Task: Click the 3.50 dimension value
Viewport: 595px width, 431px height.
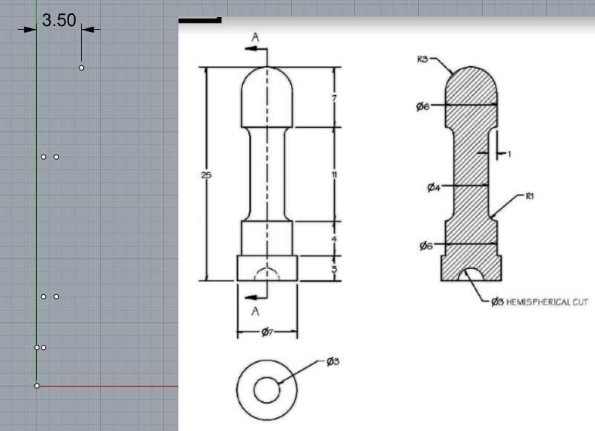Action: click(x=59, y=20)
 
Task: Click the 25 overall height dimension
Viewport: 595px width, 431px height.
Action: click(x=206, y=175)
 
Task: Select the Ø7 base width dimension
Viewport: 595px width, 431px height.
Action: click(x=267, y=331)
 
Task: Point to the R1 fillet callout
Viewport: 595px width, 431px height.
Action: click(x=530, y=197)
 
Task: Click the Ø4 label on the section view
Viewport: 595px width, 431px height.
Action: click(x=434, y=187)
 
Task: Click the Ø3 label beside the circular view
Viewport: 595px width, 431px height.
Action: click(x=333, y=361)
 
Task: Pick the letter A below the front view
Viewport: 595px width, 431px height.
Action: click(x=255, y=310)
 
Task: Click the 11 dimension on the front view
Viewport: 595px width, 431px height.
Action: click(x=334, y=175)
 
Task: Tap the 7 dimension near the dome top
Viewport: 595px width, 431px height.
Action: click(x=335, y=98)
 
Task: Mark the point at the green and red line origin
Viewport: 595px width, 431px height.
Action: click(x=36, y=385)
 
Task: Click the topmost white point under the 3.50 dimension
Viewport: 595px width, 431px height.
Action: click(x=81, y=68)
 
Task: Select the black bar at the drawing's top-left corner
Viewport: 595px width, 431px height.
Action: click(x=200, y=20)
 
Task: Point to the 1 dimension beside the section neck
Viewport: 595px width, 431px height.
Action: click(x=509, y=154)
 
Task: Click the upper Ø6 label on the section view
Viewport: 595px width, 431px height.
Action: click(x=423, y=107)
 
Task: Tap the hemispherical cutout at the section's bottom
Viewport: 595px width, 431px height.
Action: click(x=471, y=275)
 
